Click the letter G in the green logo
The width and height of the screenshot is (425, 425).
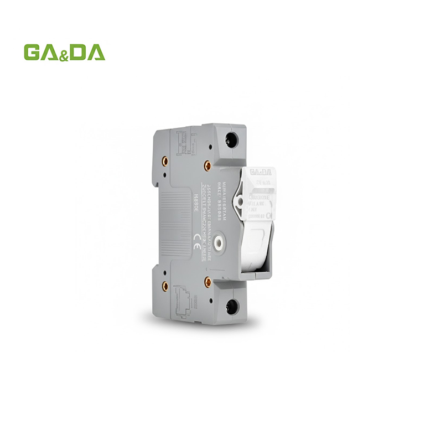click(x=33, y=52)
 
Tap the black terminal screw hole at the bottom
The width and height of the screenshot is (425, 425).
click(x=232, y=305)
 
